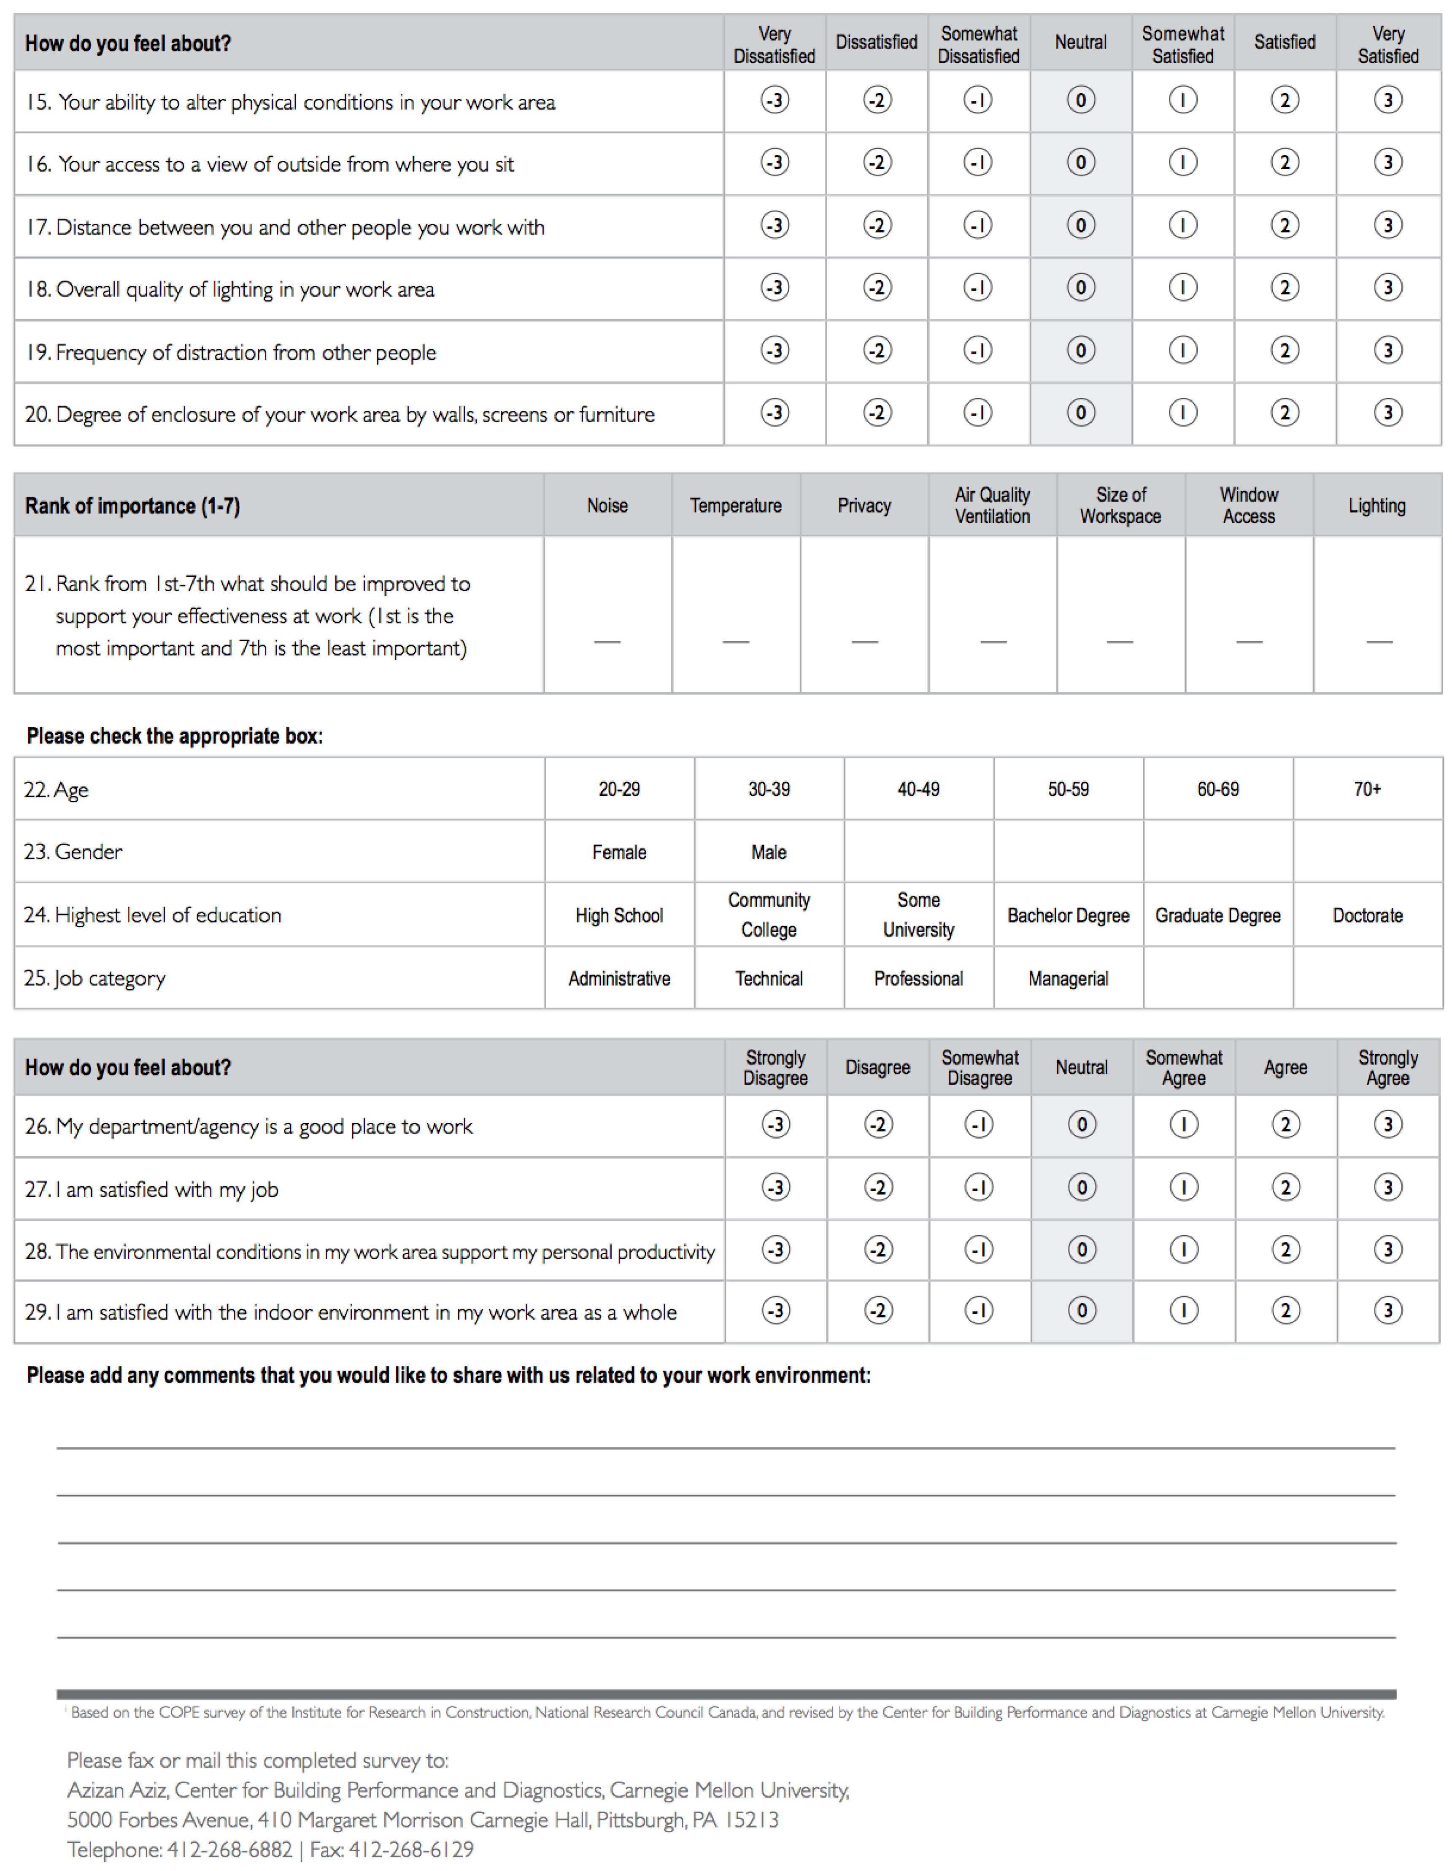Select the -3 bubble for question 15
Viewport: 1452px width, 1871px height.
[775, 100]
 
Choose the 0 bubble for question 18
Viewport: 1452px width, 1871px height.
[1080, 288]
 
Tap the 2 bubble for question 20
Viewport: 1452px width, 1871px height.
[1284, 413]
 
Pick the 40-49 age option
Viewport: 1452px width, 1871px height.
[918, 789]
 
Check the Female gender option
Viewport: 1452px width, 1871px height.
[618, 853]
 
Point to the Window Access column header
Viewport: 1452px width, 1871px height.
[1248, 505]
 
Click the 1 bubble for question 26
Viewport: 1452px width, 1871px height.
[1183, 1125]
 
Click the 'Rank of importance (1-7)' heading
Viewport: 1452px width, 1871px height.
[133, 506]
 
